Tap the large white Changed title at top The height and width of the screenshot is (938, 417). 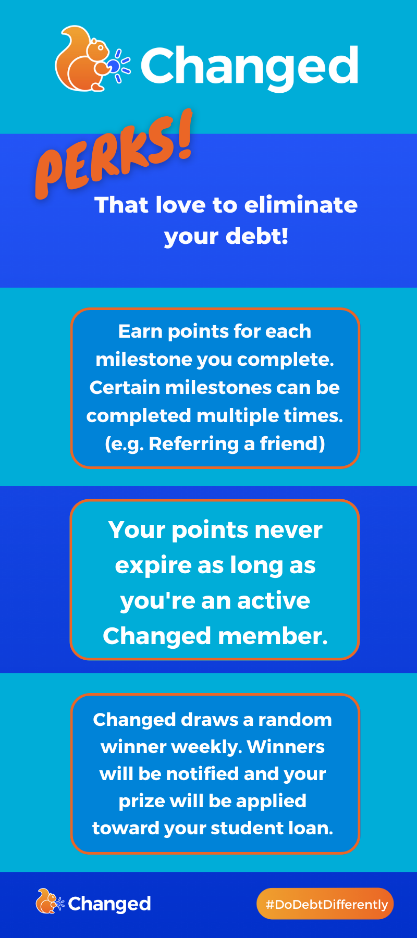[250, 67]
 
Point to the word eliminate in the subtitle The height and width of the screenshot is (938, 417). [301, 205]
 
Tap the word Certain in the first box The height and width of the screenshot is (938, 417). [124, 387]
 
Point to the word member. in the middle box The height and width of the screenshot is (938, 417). [273, 636]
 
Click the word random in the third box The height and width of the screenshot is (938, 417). [295, 720]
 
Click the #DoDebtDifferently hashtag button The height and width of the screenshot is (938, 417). [325, 904]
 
